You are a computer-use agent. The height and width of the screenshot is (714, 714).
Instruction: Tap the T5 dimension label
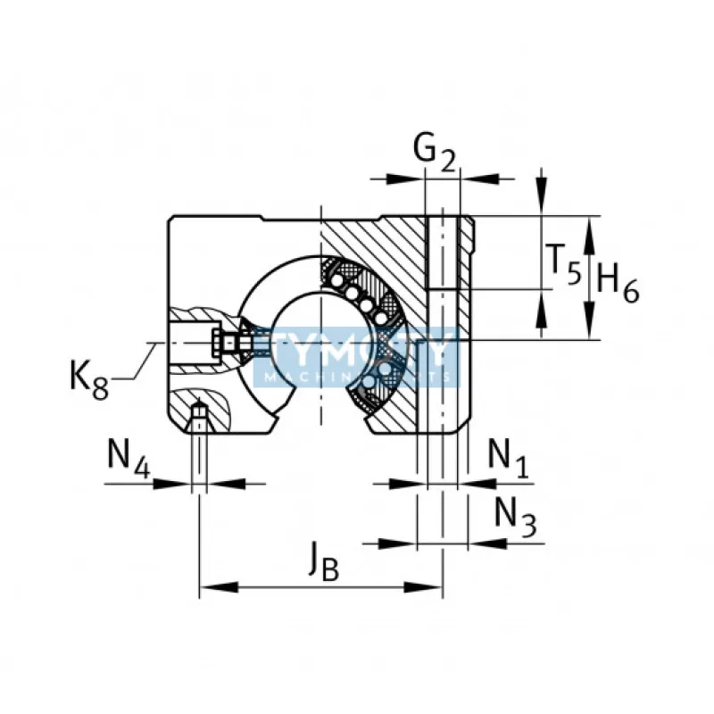click(563, 263)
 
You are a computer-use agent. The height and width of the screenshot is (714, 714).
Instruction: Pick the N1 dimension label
click(508, 456)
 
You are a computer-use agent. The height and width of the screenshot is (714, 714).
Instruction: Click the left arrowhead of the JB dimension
click(210, 587)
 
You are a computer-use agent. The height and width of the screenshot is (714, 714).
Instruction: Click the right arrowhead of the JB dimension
click(432, 587)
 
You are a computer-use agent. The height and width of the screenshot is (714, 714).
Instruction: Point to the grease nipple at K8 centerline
click(228, 342)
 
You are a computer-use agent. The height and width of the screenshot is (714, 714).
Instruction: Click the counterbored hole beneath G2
click(444, 250)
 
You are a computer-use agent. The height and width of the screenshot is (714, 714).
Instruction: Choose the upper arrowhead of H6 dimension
click(590, 227)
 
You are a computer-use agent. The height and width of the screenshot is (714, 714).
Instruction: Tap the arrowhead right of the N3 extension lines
click(479, 543)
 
